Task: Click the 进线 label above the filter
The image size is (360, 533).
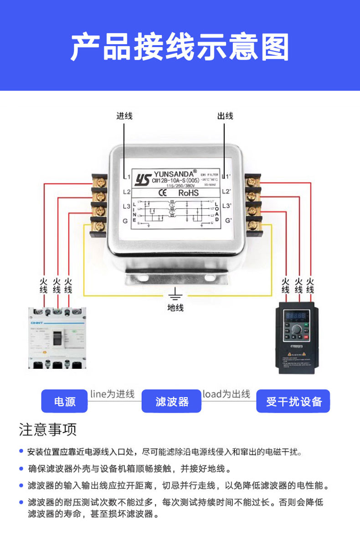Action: point(124,116)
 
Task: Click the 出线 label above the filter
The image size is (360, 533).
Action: point(225,116)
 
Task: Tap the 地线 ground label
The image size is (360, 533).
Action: point(175,308)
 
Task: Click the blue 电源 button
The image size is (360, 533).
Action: point(64,401)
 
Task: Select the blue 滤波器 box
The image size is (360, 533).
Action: point(172,401)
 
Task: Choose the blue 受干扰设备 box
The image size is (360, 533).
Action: point(293,401)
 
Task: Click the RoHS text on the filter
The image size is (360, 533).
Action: point(189,193)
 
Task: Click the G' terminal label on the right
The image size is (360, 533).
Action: point(229,221)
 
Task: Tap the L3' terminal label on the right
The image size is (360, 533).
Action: point(229,206)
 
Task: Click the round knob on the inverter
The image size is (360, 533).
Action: point(297,329)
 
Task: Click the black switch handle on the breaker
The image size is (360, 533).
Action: point(57,338)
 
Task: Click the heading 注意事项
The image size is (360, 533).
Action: point(48,430)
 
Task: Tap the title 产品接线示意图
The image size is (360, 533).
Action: point(180,47)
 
